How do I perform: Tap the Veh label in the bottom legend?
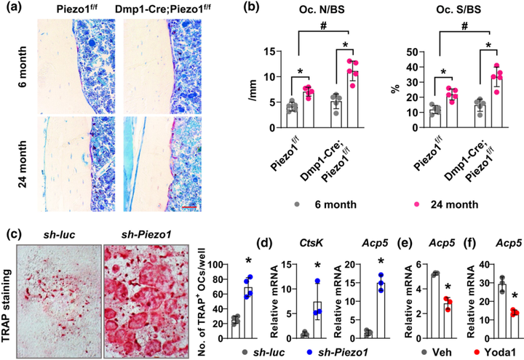(x=413, y=348)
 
